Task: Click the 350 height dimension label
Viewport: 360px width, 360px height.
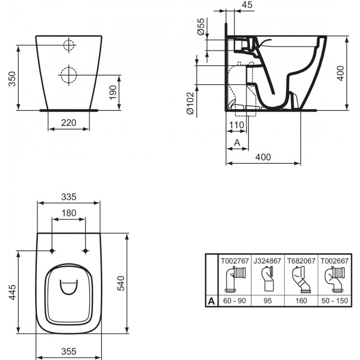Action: tap(12, 79)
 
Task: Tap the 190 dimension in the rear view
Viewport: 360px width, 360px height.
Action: tap(113, 92)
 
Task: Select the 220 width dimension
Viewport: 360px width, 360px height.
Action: tap(69, 123)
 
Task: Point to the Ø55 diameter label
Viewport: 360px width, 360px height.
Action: tap(201, 27)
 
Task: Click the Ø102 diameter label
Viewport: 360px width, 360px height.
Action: tap(190, 103)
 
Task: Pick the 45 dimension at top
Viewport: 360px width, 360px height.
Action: tap(247, 4)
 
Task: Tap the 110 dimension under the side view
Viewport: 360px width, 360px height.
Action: tap(237, 125)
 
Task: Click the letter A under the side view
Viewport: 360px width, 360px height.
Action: tap(237, 143)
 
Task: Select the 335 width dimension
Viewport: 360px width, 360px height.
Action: tap(69, 197)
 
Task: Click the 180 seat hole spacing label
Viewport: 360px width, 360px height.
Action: tap(69, 213)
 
